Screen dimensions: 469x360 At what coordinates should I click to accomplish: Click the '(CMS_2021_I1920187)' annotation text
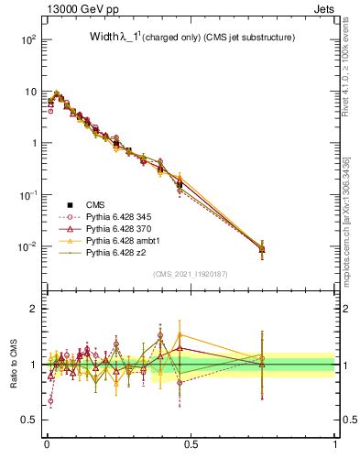(191, 273)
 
